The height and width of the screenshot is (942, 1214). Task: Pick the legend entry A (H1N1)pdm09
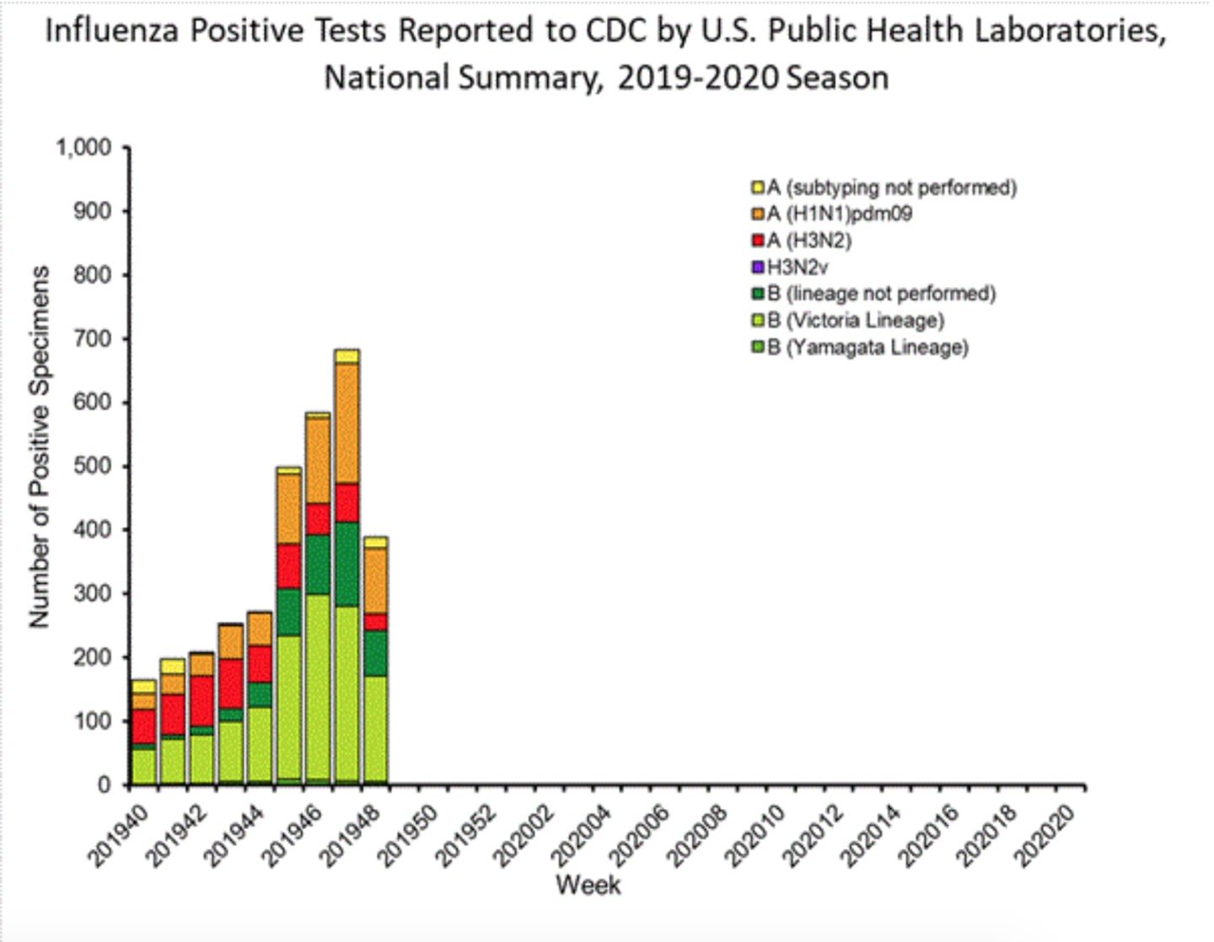click(838, 214)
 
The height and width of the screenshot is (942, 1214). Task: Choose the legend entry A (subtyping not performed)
click(890, 187)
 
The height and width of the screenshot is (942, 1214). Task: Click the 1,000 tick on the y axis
click(83, 148)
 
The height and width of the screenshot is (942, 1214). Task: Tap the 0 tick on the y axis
click(104, 784)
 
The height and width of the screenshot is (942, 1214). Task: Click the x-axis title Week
click(588, 886)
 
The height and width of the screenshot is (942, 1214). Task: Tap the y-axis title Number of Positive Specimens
click(39, 447)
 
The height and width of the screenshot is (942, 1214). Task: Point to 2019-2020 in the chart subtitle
click(698, 78)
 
